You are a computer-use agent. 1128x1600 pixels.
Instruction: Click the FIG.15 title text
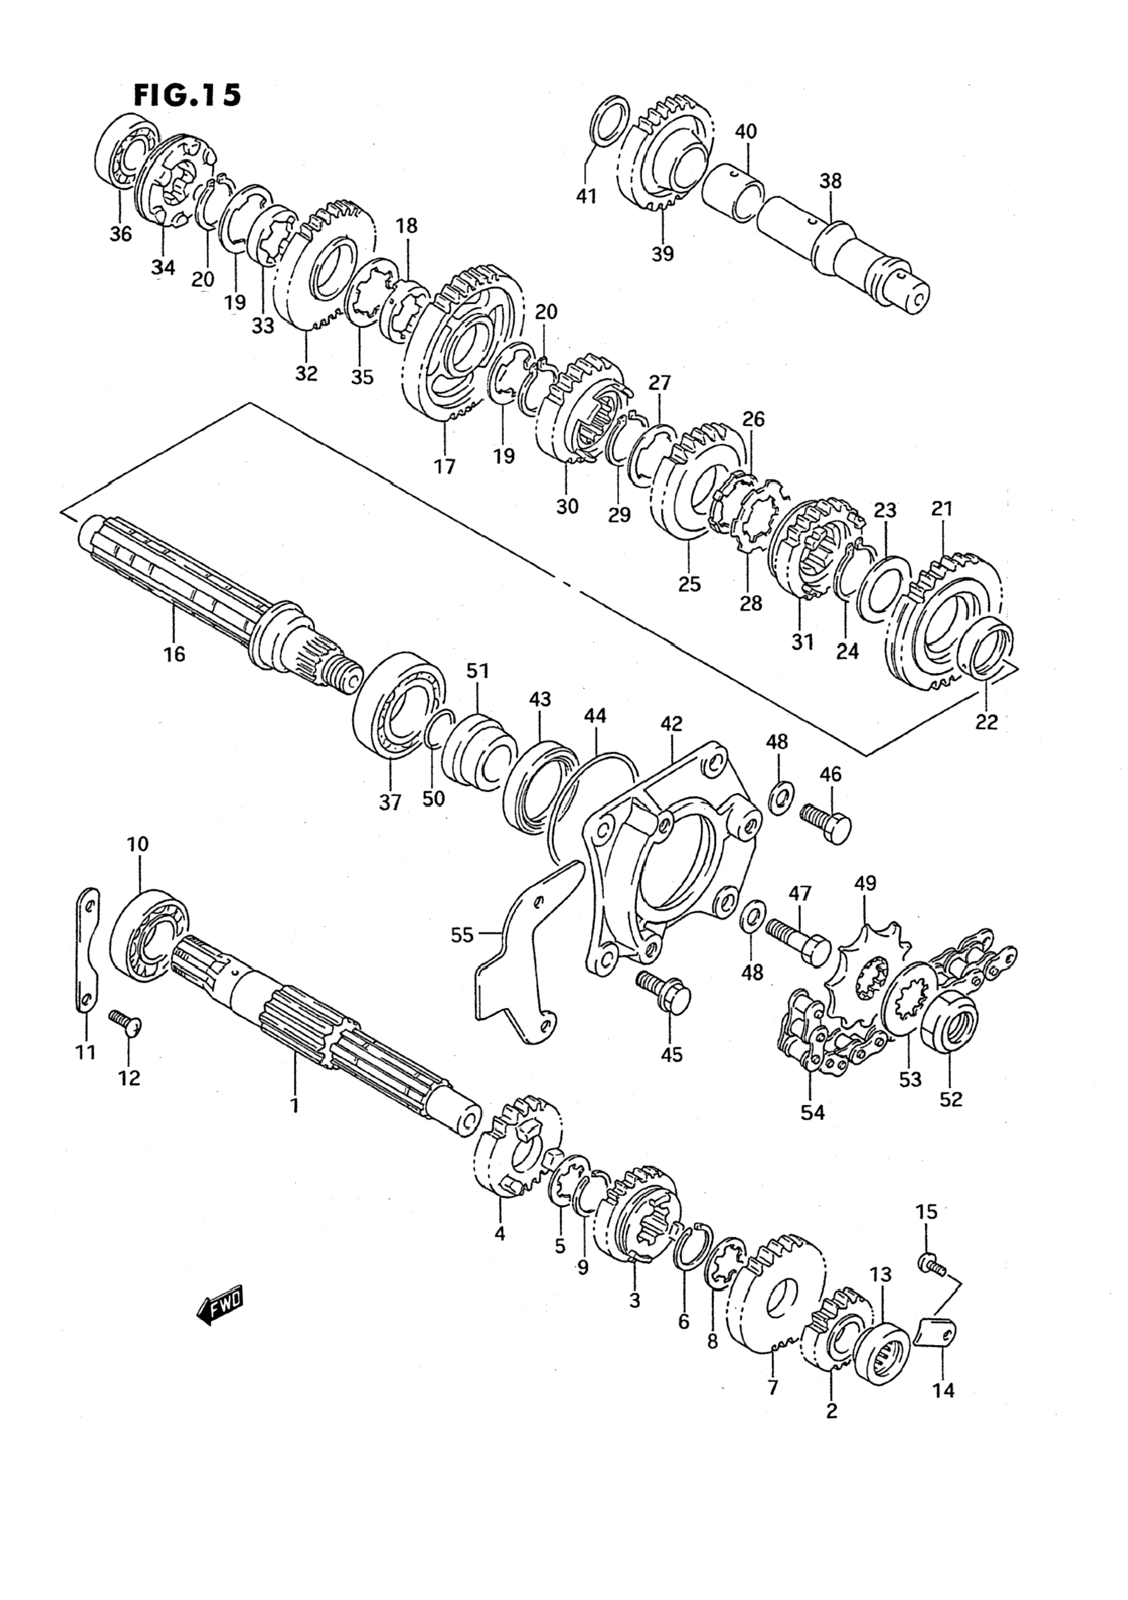click(188, 95)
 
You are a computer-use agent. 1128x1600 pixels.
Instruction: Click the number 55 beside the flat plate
click(462, 935)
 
